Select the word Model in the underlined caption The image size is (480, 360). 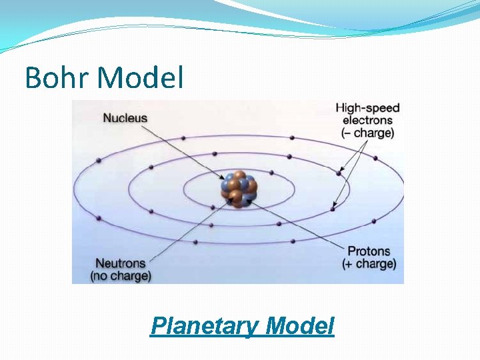[299, 326]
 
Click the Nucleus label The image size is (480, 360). [125, 118]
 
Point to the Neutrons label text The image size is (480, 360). [121, 263]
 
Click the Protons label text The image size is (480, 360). [369, 251]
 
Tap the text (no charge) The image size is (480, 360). [121, 275]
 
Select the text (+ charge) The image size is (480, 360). [369, 264]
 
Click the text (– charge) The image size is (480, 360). [367, 133]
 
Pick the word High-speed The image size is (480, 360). [367, 107]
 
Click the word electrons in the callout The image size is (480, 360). [367, 120]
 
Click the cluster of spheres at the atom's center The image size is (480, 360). [239, 189]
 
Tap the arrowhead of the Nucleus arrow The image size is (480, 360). [224, 178]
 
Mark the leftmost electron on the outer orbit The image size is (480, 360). [99, 161]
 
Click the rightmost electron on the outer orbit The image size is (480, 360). [375, 158]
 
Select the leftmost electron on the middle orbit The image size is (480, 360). [151, 166]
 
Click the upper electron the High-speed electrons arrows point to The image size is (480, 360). [339, 173]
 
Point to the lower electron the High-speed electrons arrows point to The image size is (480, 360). [333, 209]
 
